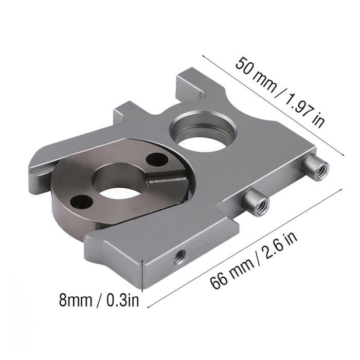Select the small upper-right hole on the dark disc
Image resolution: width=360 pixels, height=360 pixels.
pyautogui.click(x=154, y=160)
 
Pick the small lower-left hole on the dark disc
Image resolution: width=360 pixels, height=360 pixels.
pyautogui.click(x=79, y=201)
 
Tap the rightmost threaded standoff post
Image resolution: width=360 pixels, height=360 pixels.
pyautogui.click(x=315, y=168)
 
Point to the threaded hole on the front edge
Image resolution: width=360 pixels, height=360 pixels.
pyautogui.click(x=179, y=256)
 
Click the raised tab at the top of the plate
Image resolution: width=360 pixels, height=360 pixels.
pyautogui.click(x=190, y=85)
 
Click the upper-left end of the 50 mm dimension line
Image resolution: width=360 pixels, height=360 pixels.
pyautogui.click(x=202, y=52)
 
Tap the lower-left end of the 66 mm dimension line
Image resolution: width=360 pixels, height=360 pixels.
pyautogui.click(x=149, y=307)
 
